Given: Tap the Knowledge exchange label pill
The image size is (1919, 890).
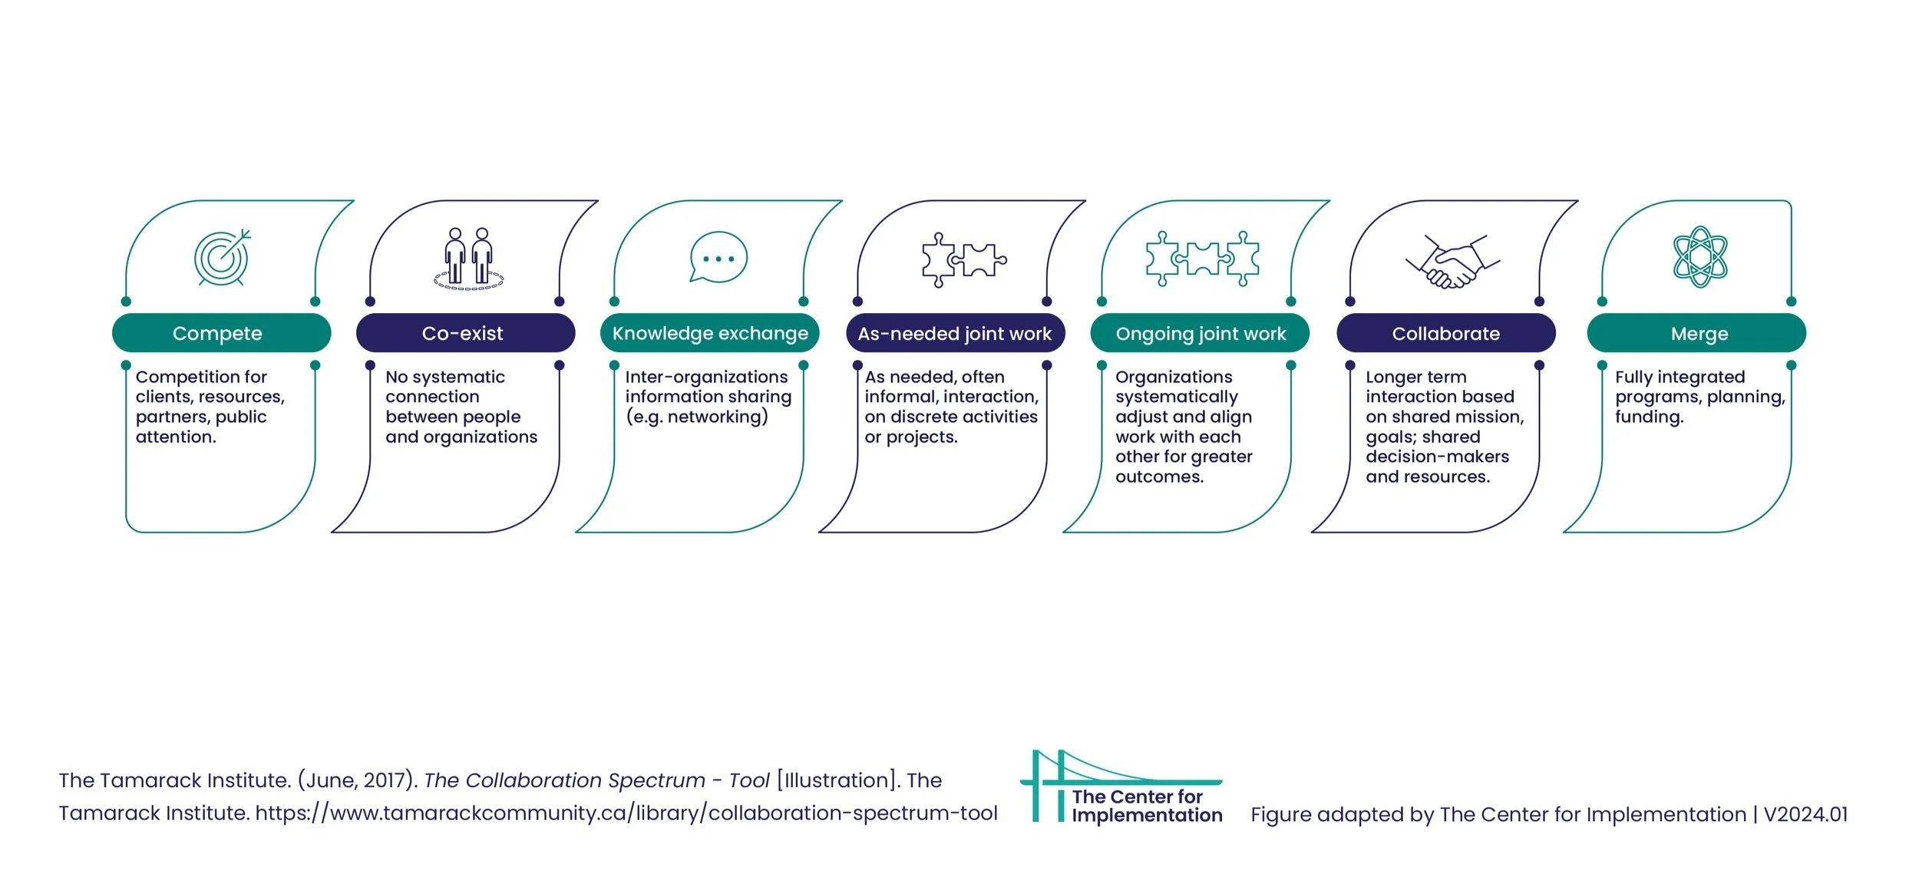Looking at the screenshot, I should click(x=709, y=333).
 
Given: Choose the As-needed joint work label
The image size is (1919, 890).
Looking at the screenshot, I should click(x=955, y=333).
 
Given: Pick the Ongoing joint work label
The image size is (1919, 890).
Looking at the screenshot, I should click(x=1200, y=333).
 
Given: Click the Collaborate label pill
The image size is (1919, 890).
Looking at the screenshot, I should click(x=1445, y=333).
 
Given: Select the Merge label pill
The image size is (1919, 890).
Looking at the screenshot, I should click(x=1696, y=333).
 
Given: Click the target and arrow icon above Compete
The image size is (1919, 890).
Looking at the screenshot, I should click(x=222, y=257).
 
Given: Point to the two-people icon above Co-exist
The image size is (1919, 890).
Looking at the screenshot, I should click(x=469, y=258).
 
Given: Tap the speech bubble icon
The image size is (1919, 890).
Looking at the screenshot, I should click(x=718, y=257).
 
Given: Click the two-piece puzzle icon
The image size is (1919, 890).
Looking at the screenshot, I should click(x=963, y=259).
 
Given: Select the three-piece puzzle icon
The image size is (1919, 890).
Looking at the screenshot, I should click(x=1202, y=259).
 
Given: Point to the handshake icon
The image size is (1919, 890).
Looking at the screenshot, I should click(x=1452, y=262).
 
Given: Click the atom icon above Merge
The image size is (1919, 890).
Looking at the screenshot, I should click(x=1700, y=257).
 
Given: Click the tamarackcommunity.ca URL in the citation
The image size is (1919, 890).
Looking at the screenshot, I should click(x=626, y=813).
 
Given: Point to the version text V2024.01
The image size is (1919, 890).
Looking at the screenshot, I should click(x=1805, y=814).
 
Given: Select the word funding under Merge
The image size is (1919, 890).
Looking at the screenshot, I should click(x=1649, y=417).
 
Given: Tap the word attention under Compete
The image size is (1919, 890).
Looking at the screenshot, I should click(x=176, y=437).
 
